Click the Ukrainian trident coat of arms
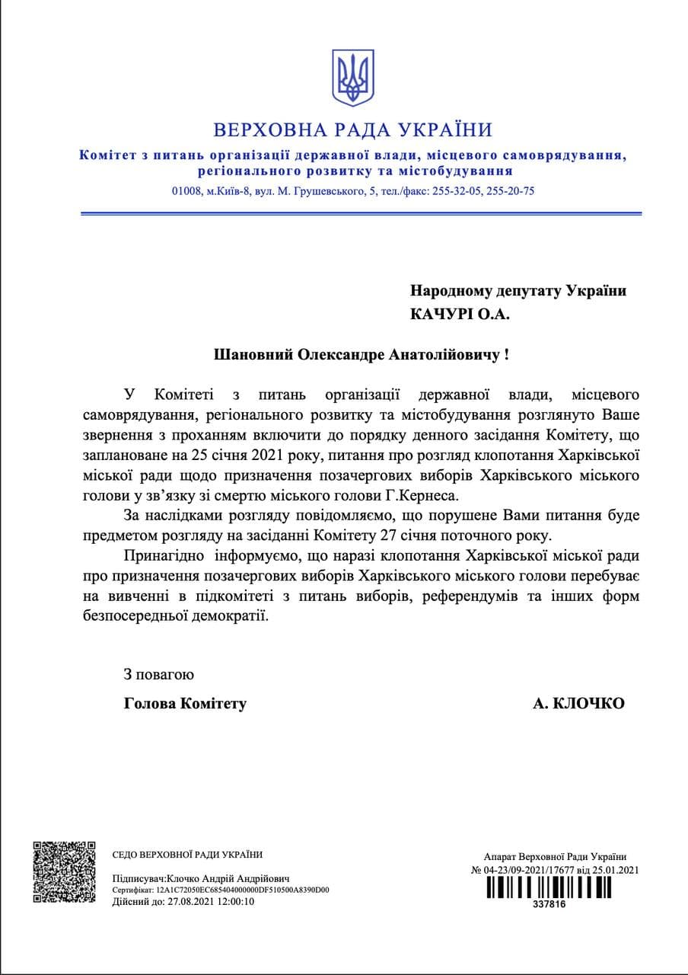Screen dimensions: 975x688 click(x=352, y=78)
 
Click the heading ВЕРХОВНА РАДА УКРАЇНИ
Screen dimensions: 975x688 click(x=352, y=129)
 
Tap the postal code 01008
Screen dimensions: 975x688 click(x=186, y=191)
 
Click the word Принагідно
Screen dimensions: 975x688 click(x=164, y=555)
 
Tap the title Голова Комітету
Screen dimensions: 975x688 click(x=185, y=704)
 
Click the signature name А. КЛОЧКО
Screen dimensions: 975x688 click(x=579, y=704)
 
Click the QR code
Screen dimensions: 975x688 click(x=65, y=871)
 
